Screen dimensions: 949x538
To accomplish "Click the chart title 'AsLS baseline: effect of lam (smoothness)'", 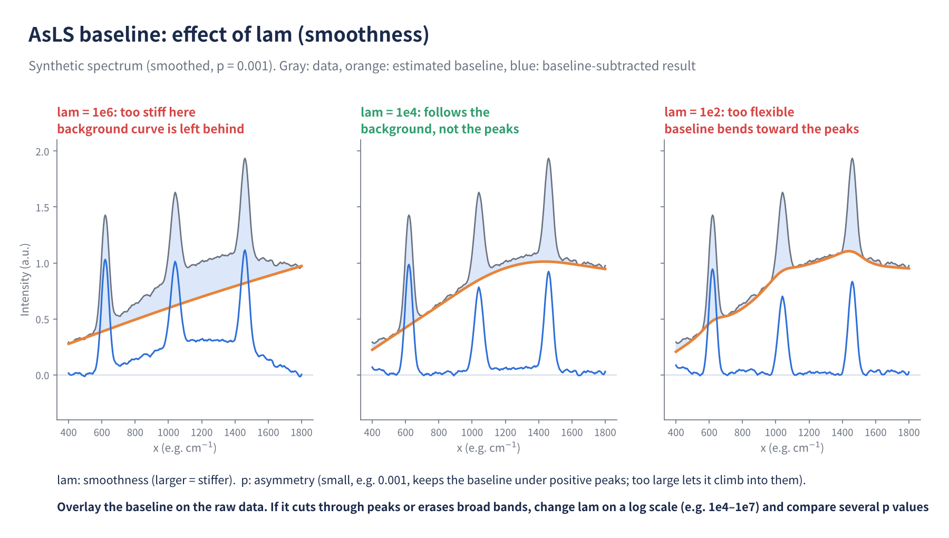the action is coord(229,35).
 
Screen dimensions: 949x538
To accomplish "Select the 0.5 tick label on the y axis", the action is coord(42,320).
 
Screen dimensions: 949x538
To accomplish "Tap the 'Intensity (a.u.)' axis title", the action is coord(25,280).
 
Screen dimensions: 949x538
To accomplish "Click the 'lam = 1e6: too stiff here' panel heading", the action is coord(127,112).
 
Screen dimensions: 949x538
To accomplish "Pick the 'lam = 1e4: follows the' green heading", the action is coord(425,112).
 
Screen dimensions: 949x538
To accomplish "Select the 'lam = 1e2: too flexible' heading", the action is coord(729,112).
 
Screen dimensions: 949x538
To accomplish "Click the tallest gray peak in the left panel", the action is coord(245,159).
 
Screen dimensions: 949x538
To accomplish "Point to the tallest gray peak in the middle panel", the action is coord(548,159).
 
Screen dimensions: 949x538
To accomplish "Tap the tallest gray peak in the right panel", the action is coord(852,159).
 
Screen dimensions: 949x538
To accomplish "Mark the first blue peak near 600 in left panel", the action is coord(105,260).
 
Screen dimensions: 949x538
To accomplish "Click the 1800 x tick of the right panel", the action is coord(909,433).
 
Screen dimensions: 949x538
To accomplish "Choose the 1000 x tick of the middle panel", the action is coord(472,433).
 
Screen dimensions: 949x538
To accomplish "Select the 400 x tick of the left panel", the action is coord(69,433).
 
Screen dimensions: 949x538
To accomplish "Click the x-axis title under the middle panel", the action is coord(489,448).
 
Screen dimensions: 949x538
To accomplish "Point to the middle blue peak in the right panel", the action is coord(782,297).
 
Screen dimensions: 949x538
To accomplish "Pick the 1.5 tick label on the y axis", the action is coord(42,208).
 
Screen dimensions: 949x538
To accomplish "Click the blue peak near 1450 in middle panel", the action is coord(548,272).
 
